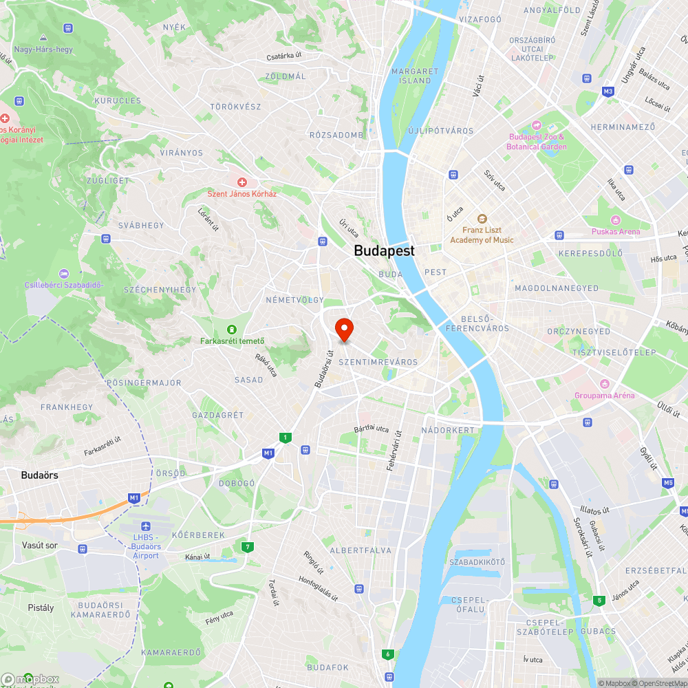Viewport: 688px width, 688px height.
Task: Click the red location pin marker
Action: pos(343,330)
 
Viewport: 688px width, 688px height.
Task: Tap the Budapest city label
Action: pos(384,251)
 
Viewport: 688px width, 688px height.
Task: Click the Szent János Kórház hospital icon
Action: pos(242,182)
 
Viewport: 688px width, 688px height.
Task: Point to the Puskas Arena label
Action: pos(615,232)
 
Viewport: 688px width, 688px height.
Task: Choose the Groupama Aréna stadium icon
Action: pos(605,383)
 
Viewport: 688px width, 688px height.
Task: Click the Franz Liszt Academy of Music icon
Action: pos(482,218)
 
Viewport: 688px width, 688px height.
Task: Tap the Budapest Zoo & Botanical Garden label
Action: pos(537,142)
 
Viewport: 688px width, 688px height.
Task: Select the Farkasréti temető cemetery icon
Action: pos(232,329)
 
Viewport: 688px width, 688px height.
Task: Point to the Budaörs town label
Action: pos(39,475)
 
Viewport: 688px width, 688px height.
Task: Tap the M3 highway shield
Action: pos(608,91)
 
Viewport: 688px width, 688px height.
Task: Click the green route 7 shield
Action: pos(247,547)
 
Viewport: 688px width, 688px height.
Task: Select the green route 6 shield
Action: pos(389,654)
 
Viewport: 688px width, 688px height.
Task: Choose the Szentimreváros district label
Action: pos(378,362)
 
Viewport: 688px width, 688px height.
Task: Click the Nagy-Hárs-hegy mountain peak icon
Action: pos(43,38)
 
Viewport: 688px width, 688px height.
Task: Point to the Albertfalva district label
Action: pos(361,550)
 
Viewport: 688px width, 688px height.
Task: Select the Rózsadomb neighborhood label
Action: pos(336,135)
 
